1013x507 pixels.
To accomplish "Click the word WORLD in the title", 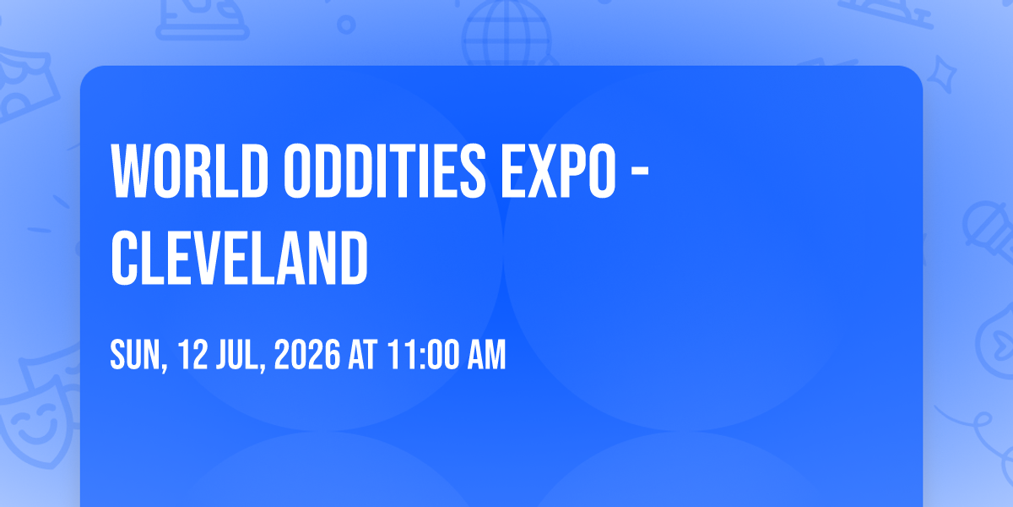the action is pos(190,171).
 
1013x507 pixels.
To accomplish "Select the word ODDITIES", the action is pos(385,171).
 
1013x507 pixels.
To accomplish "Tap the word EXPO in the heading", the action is pos(559,171).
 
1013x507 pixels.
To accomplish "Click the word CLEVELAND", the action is pos(239,258).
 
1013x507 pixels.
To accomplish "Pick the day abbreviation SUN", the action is pos(135,355).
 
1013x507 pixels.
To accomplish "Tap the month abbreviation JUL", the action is pos(238,355).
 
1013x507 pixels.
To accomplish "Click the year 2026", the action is pos(307,355).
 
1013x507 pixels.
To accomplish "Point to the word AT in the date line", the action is pos(363,355).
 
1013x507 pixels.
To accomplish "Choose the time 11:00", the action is pos(423,355).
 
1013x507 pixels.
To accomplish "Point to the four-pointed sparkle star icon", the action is pos(942,74).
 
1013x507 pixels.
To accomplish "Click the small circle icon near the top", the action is pos(346,25).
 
